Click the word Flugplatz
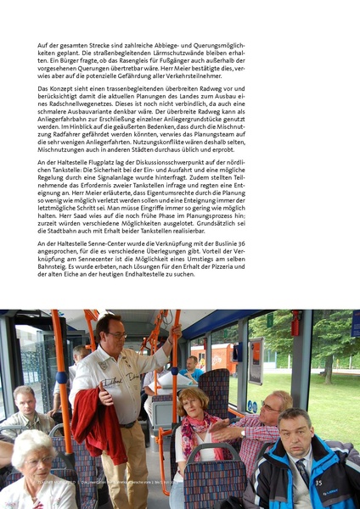[x=110, y=161]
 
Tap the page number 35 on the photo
[x=318, y=483]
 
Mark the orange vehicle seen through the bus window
[x=211, y=357]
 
